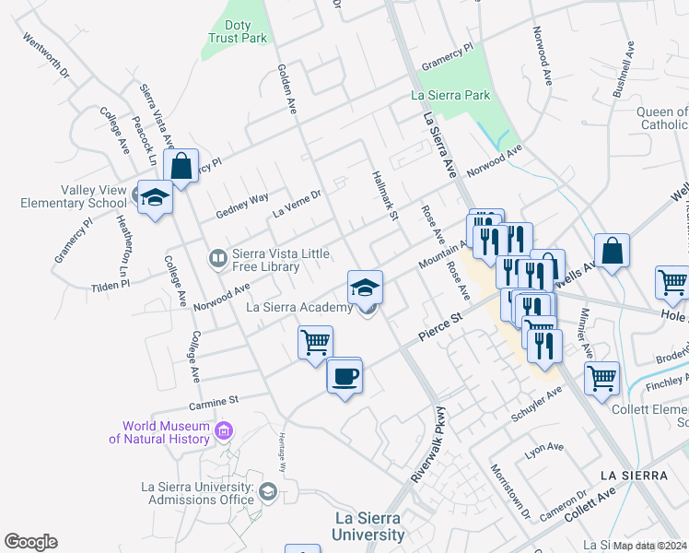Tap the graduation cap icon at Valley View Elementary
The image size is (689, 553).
pos(155,197)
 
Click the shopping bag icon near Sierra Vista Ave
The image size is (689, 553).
pos(181,167)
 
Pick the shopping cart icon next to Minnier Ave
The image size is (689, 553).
pos(601,376)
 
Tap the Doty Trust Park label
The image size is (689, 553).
pos(237,31)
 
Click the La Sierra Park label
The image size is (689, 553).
pos(451,95)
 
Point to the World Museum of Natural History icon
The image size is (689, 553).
pos(223,430)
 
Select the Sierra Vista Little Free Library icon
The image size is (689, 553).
pos(217,258)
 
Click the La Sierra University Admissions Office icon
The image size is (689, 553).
pos(267,491)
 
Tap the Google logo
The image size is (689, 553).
pos(30,542)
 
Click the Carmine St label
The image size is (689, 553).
pos(214,401)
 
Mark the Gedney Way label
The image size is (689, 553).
pos(242,206)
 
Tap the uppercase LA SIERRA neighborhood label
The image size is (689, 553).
pos(632,475)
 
